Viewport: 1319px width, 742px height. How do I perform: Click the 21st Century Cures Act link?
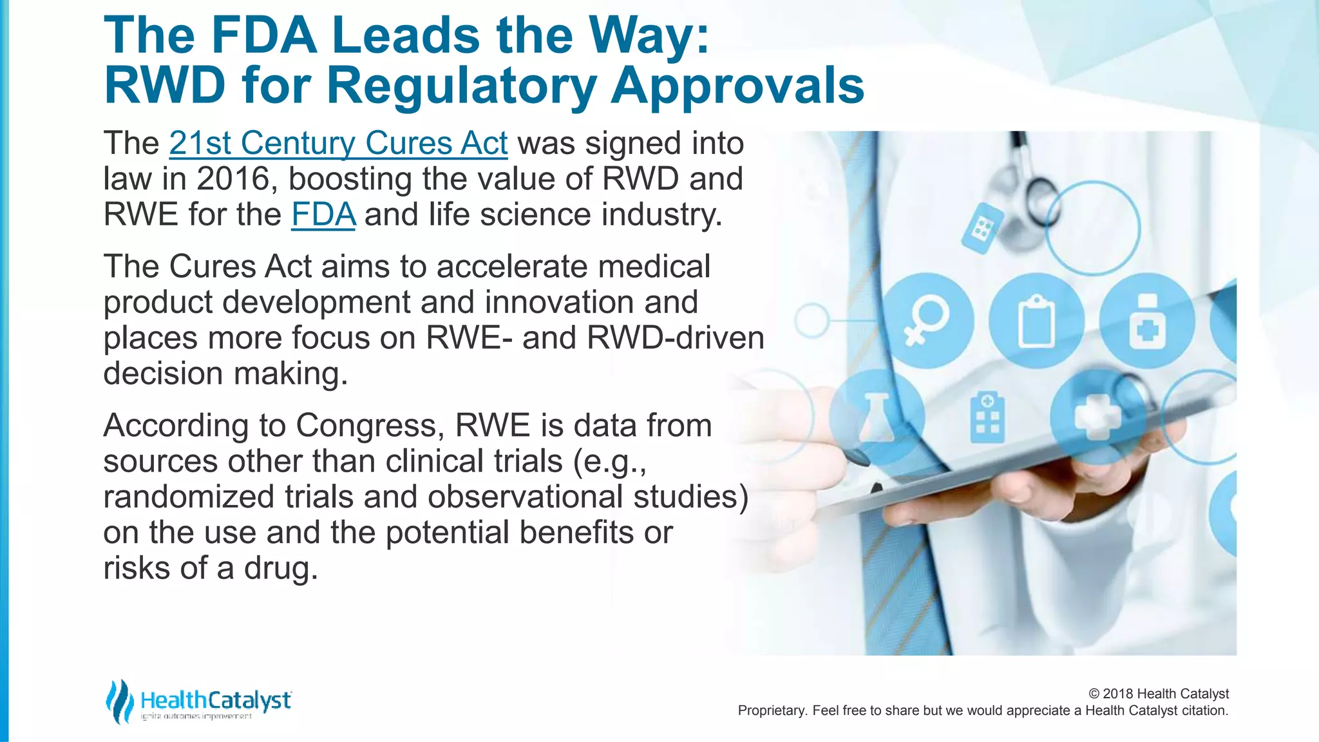[338, 143]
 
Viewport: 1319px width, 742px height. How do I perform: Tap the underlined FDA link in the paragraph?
[323, 214]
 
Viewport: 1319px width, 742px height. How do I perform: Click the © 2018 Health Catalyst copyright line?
[1158, 694]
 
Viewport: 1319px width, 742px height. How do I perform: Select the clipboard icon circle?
[1036, 320]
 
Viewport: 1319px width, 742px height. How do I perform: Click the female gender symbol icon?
[926, 320]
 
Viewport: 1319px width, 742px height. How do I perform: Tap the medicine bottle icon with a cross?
[1146, 321]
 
